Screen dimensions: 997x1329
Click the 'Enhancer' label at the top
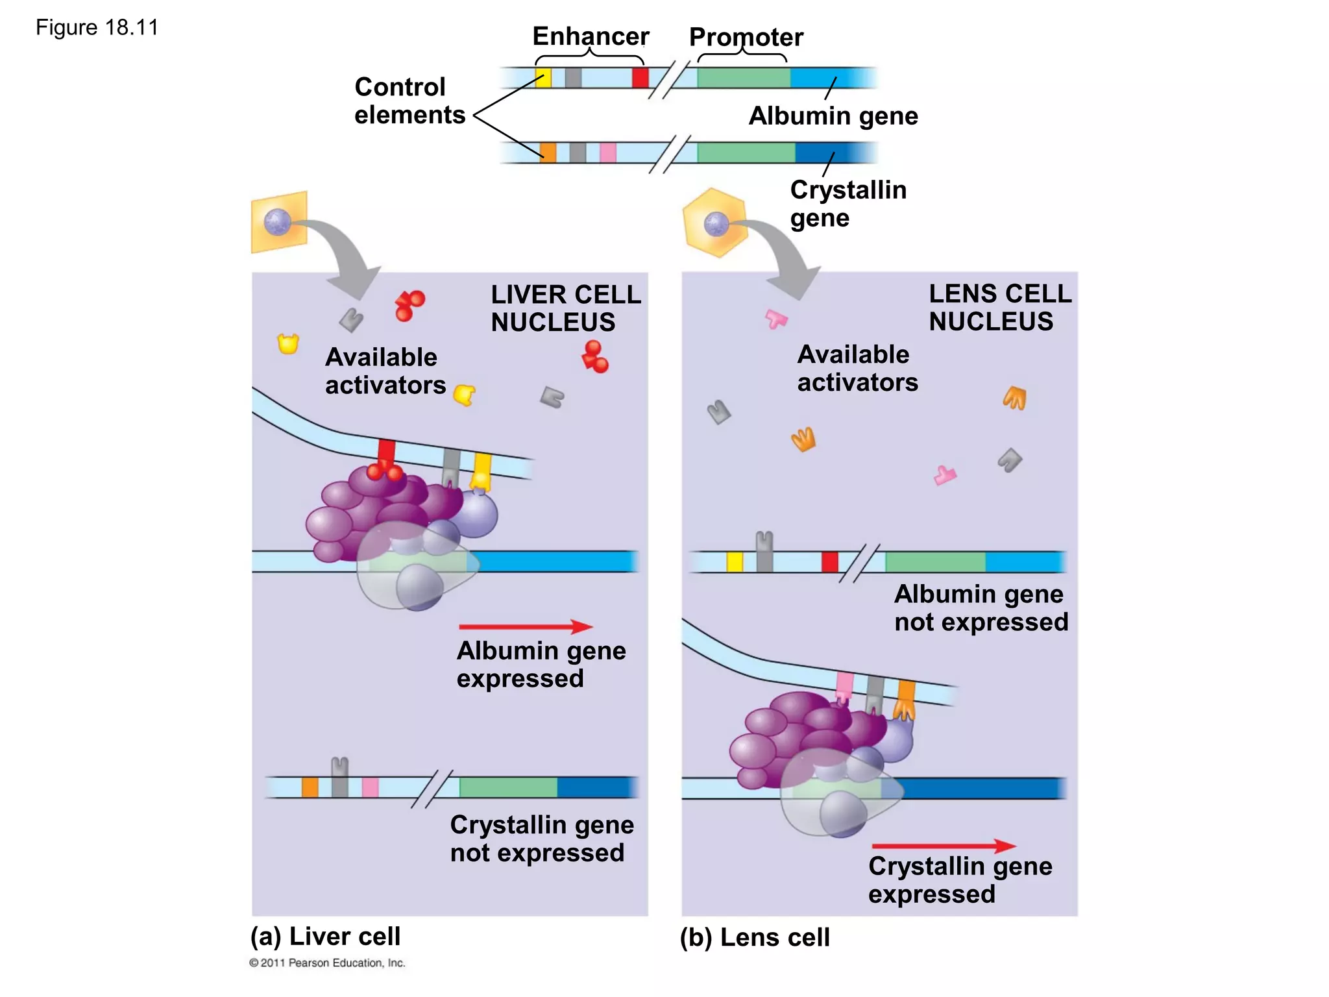(x=590, y=36)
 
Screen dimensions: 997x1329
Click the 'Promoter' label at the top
(x=746, y=37)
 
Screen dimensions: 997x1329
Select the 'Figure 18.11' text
(x=97, y=28)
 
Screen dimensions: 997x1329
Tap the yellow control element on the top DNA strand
(x=543, y=78)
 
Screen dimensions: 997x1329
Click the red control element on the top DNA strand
(x=640, y=78)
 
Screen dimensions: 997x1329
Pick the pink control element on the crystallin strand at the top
(x=608, y=153)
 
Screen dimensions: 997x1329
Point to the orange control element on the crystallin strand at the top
(x=548, y=153)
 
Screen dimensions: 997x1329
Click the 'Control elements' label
(x=409, y=101)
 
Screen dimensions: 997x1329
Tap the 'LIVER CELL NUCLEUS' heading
(x=565, y=308)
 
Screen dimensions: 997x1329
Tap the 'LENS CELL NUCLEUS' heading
(x=999, y=308)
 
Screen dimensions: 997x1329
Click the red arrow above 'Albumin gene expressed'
(x=526, y=626)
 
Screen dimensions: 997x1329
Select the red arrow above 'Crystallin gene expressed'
(x=944, y=846)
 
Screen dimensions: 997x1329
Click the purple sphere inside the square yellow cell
(x=278, y=223)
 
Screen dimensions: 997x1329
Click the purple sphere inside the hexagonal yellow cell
(x=716, y=225)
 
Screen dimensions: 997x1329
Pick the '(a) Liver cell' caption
(x=325, y=936)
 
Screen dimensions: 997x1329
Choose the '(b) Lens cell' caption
(x=755, y=937)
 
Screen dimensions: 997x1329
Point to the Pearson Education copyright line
(x=327, y=963)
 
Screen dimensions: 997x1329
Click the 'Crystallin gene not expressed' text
(x=541, y=839)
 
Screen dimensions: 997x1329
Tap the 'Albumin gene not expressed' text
(x=981, y=608)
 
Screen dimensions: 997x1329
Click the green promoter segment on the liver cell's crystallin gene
(x=508, y=787)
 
